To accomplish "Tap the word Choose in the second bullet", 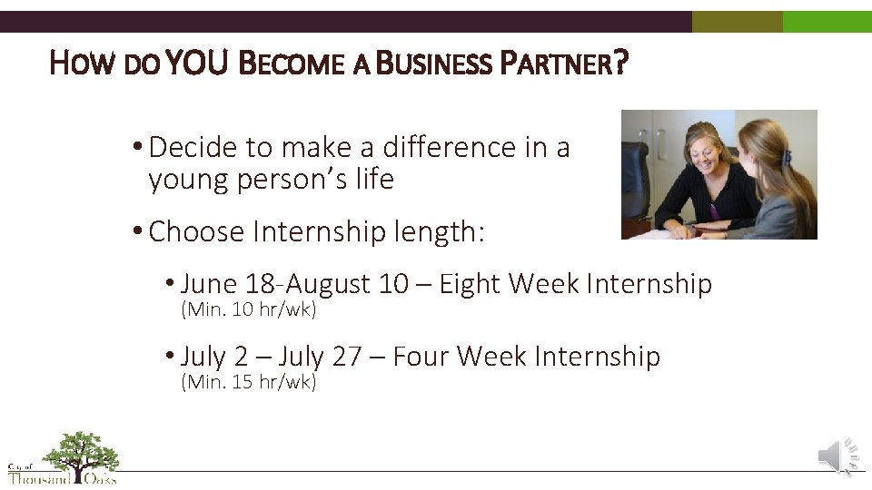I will [196, 232].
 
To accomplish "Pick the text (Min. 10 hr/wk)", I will [249, 309].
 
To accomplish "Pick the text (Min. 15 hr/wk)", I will [249, 382].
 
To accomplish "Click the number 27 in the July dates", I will [347, 357].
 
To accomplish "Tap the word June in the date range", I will [211, 284].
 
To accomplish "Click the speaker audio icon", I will [838, 456].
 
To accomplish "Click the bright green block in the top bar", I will [827, 22].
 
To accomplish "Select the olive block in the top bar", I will [737, 22].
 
